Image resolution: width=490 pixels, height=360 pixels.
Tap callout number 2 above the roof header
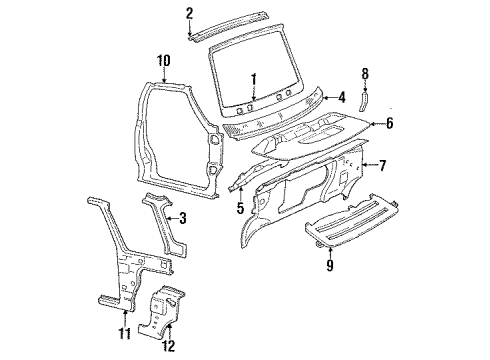point(189,12)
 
